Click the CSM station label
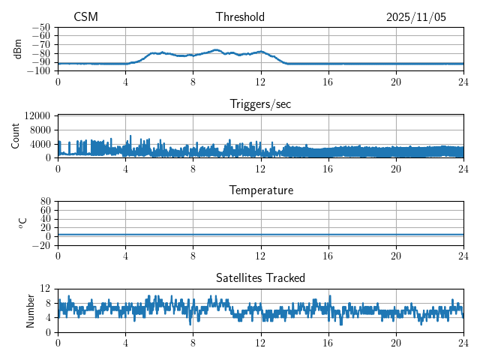[85, 17]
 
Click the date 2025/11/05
[416, 17]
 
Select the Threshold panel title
[239, 17]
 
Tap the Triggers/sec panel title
[260, 104]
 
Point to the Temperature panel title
[260, 190]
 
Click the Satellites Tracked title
[260, 277]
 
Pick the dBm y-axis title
[18, 49]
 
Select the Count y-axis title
[15, 136]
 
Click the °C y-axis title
[22, 223]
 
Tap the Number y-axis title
[30, 310]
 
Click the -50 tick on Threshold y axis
[40, 27]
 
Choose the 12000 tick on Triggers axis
[37, 115]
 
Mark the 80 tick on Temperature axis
[46, 202]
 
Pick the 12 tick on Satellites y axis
[46, 289]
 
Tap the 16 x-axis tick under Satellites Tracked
[328, 343]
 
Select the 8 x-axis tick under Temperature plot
[193, 256]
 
